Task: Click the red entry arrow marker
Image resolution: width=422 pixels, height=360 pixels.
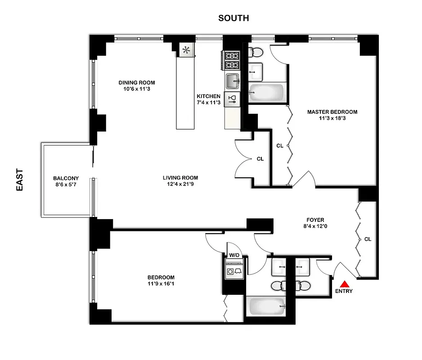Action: [x=345, y=284]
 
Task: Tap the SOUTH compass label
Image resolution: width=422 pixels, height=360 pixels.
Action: [x=233, y=18]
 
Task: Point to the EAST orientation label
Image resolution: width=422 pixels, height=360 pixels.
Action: [x=20, y=180]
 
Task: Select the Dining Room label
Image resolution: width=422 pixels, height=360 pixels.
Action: [x=137, y=82]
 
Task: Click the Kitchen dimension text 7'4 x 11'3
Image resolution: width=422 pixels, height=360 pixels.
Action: [x=209, y=103]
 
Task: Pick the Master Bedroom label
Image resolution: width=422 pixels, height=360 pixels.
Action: [x=332, y=112]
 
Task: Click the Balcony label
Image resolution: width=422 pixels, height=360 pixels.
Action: [x=66, y=178]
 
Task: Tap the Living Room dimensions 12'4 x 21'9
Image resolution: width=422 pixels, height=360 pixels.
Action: [x=180, y=184]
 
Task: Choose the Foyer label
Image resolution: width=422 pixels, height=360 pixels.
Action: [x=314, y=220]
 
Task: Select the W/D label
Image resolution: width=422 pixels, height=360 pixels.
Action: [x=235, y=255]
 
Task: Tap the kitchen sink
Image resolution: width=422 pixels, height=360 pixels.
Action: [x=233, y=82]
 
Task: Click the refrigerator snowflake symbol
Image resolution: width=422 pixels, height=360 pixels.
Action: [x=187, y=49]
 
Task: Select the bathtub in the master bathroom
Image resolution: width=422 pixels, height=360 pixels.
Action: [x=266, y=93]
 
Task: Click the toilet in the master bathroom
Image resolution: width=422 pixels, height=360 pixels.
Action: [x=257, y=52]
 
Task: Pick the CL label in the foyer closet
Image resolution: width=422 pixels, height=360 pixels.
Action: [x=368, y=239]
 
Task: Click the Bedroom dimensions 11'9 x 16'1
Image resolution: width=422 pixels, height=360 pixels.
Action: [x=161, y=284]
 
